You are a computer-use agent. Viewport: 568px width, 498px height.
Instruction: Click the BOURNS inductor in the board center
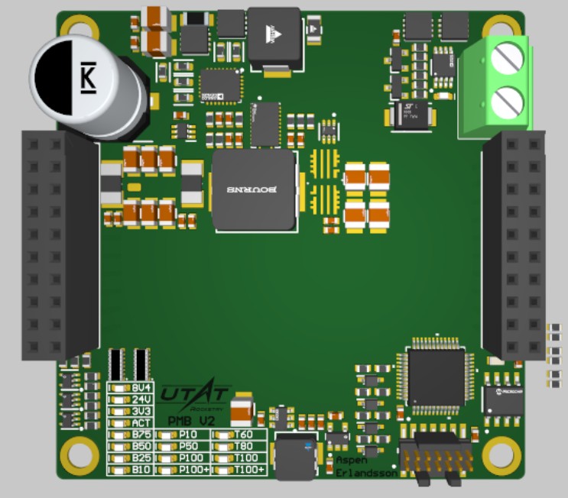255,189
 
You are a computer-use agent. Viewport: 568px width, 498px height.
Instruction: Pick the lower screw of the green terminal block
507,101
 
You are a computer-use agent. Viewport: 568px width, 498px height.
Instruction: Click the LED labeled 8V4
119,388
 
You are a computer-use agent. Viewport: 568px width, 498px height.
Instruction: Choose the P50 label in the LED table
189,446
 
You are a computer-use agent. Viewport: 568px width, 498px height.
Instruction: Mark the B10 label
141,469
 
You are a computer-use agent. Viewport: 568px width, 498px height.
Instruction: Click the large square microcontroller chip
435,377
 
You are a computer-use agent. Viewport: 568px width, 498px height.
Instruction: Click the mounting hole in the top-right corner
498,28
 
